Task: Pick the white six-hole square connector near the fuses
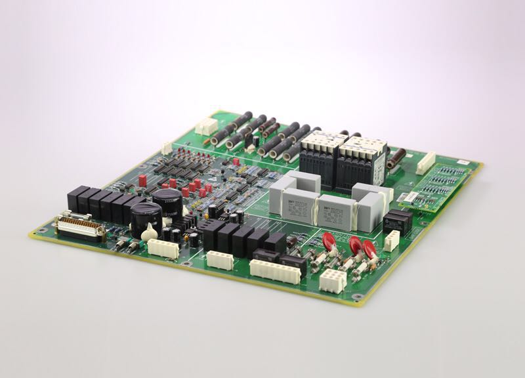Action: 333,280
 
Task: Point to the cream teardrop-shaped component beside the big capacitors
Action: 150,231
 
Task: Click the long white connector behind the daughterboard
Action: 426,163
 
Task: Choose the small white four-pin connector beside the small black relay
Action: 392,241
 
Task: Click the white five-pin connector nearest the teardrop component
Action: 163,247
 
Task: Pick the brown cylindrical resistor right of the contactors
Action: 396,159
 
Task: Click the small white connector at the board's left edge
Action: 167,148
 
